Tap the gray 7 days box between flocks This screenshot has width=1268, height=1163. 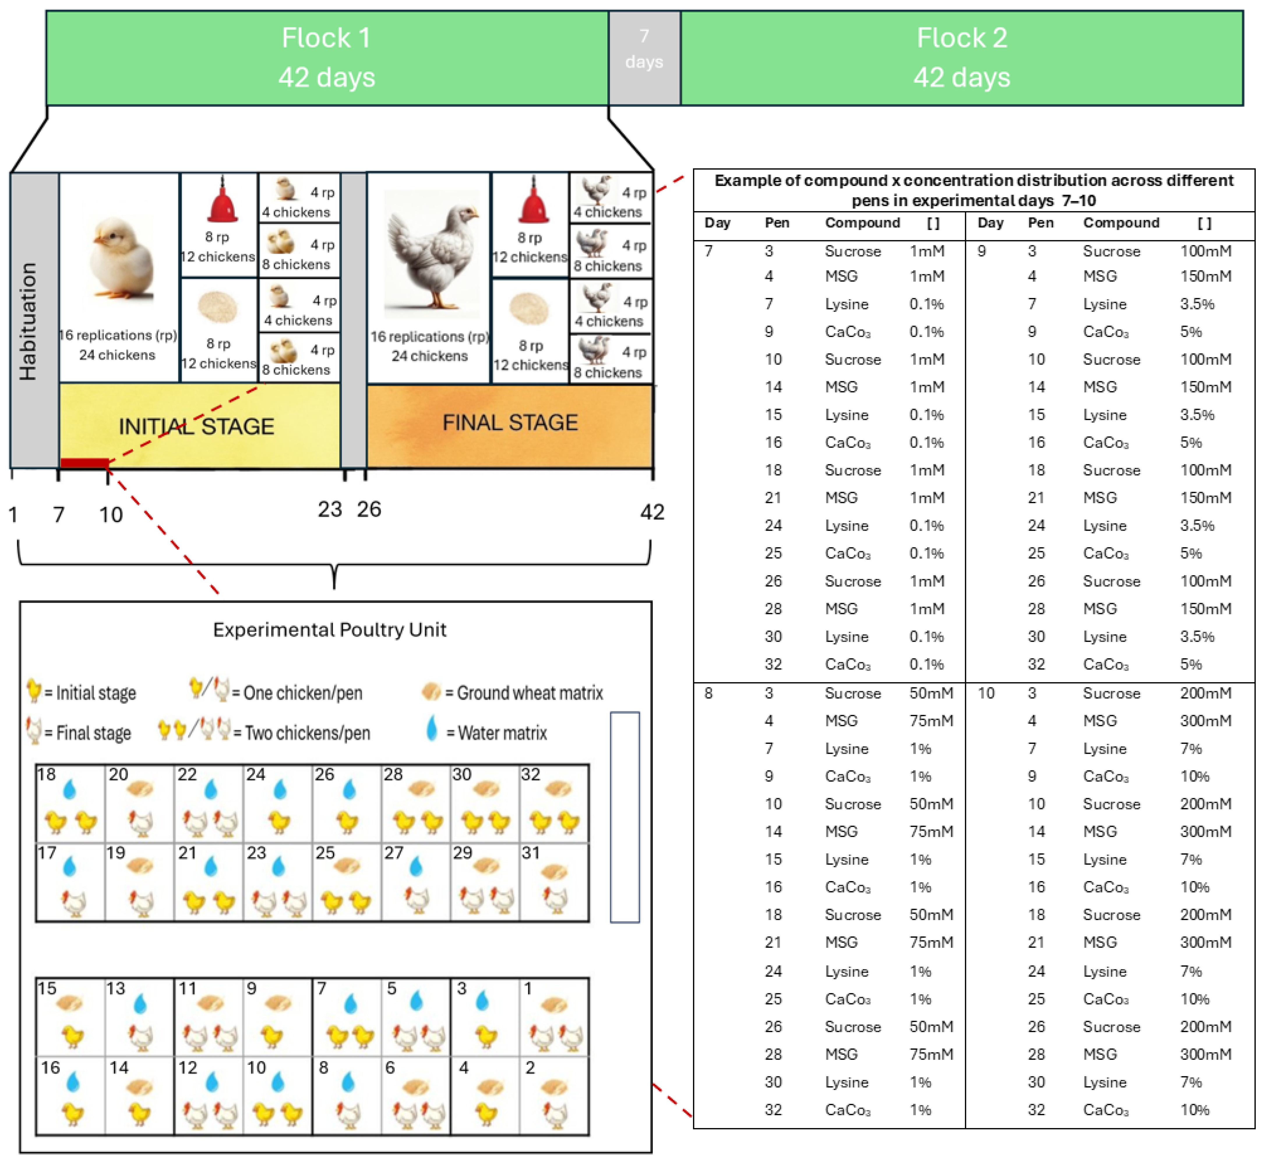coord(644,49)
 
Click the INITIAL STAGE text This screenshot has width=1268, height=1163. coord(196,427)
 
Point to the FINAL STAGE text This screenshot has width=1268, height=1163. coord(510,422)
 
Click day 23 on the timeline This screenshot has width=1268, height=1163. coord(329,509)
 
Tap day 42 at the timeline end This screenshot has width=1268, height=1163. coord(652,512)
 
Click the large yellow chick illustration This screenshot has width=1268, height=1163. coord(121,258)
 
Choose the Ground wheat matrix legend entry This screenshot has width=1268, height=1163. coord(513,692)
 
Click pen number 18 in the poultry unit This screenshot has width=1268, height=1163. coord(47,774)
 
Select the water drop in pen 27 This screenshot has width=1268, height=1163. coord(415,867)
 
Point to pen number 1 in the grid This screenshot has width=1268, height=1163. coord(528,988)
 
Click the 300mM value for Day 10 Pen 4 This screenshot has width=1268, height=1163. coord(1204,721)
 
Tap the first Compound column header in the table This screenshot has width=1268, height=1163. coord(862,223)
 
